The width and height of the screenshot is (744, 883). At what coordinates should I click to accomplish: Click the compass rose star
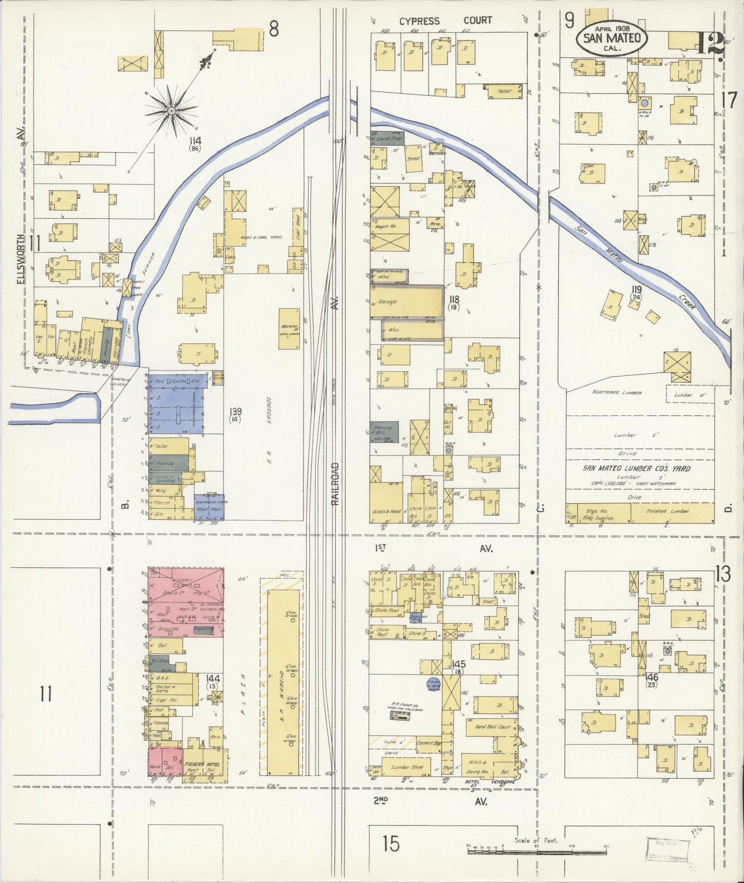pos(172,109)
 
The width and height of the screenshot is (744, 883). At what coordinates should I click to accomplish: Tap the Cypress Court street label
pos(446,21)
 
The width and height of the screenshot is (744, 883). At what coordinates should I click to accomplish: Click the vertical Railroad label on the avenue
pos(336,483)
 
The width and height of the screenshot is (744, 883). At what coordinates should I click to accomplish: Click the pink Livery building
pos(185,602)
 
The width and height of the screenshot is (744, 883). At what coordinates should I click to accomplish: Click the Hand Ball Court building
pos(492,727)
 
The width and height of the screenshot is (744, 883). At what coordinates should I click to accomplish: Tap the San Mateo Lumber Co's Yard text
pos(636,468)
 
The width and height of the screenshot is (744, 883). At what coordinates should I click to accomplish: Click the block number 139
pos(236,412)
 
